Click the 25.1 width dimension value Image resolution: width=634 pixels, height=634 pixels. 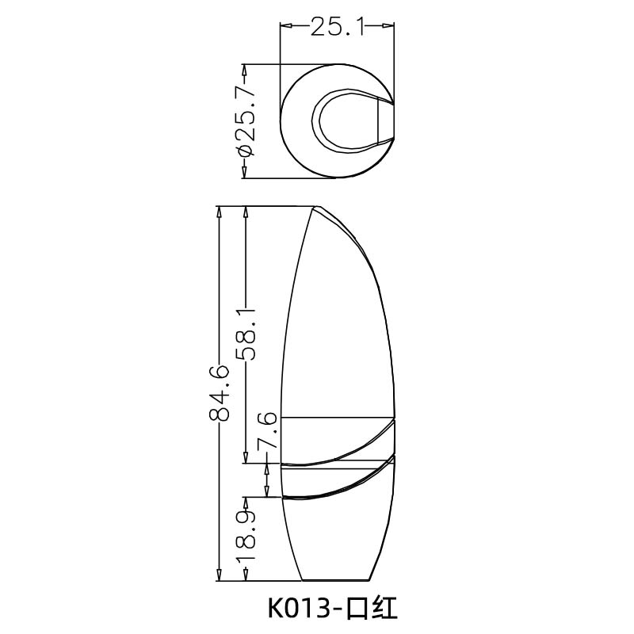(336, 28)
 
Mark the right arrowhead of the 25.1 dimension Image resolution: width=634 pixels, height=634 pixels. (389, 28)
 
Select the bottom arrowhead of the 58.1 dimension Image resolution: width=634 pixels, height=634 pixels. (246, 456)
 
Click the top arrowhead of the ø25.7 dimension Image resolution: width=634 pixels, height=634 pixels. (246, 69)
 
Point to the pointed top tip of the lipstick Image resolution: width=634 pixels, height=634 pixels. (317, 208)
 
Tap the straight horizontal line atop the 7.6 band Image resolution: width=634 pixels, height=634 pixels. (338, 417)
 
